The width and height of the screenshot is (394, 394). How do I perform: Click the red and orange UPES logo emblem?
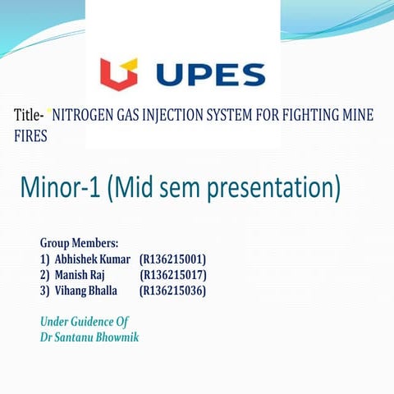click(119, 74)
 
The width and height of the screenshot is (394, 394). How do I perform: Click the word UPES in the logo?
click(210, 75)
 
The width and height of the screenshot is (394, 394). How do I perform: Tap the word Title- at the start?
click(30, 117)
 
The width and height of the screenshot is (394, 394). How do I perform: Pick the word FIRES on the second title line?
click(31, 135)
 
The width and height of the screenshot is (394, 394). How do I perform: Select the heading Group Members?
click(79, 243)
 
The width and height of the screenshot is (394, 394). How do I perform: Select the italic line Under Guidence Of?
click(85, 321)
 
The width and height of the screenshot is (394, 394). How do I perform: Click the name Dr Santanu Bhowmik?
click(89, 337)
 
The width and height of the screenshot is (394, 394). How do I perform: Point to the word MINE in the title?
click(358, 117)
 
